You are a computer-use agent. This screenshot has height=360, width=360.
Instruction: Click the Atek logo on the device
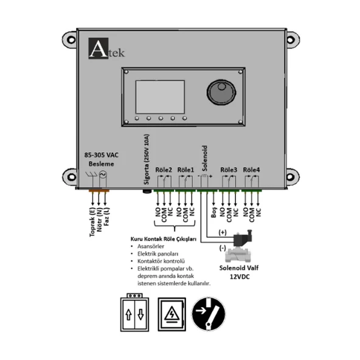click(107, 49)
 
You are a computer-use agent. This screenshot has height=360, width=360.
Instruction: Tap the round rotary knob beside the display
click(221, 92)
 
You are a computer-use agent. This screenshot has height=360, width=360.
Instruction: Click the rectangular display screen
click(160, 97)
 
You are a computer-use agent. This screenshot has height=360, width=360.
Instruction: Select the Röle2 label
click(164, 170)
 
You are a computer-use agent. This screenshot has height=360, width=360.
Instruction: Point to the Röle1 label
click(185, 170)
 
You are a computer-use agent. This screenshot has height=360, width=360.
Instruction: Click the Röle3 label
click(229, 170)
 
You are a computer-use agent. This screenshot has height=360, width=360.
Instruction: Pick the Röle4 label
click(251, 170)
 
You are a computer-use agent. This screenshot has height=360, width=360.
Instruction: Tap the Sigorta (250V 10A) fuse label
click(146, 159)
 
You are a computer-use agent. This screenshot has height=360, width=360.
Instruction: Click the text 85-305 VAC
click(102, 155)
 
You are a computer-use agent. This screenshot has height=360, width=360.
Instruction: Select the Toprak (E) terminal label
click(92, 222)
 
